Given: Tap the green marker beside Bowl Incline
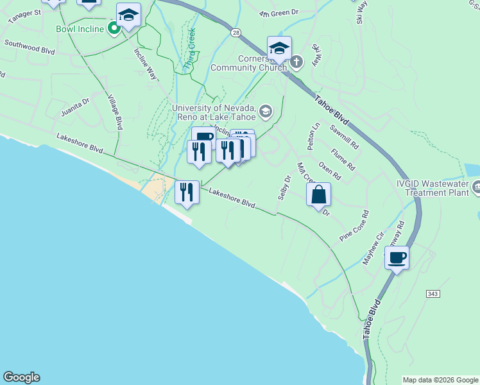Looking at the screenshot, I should click(x=114, y=28).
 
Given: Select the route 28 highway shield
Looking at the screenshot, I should click(x=236, y=32).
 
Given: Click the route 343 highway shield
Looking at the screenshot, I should click(x=432, y=293).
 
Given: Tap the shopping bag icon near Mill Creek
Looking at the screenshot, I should click(x=319, y=194).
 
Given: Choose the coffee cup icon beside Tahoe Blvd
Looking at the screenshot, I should click(x=397, y=258).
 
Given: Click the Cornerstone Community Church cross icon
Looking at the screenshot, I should click(x=296, y=62).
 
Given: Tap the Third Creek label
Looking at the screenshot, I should click(x=190, y=48).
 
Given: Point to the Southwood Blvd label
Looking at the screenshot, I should click(x=30, y=46).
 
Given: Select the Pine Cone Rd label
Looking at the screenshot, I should click(x=355, y=225).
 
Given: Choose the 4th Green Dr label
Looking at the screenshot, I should click(x=279, y=12).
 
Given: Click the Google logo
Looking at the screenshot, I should click(x=21, y=377).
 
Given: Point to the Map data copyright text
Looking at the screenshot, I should click(x=440, y=380).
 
